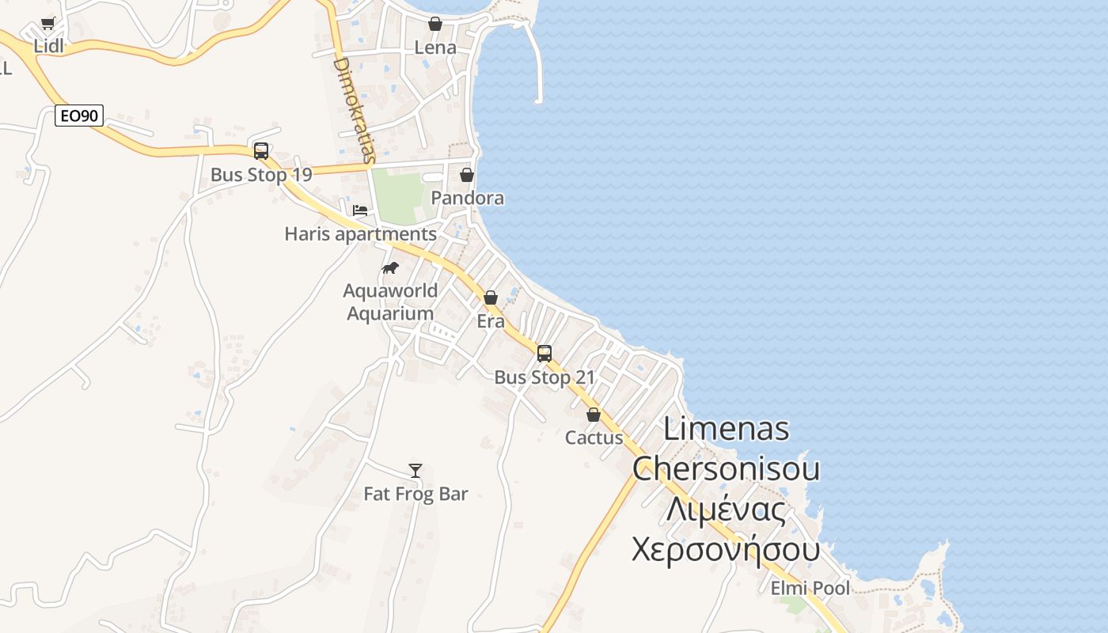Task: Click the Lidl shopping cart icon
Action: click(x=48, y=23)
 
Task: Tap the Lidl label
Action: click(x=48, y=47)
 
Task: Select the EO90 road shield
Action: click(x=79, y=116)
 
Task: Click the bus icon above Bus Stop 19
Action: click(x=261, y=151)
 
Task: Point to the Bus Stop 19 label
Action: click(x=261, y=175)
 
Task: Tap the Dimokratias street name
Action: click(x=353, y=109)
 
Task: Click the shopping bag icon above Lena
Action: click(x=435, y=24)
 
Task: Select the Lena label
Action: click(x=435, y=47)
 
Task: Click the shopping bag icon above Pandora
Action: click(x=467, y=175)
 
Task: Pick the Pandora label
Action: click(x=467, y=198)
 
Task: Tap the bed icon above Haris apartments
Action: click(x=360, y=210)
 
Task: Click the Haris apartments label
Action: click(x=360, y=234)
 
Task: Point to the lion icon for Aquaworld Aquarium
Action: click(x=390, y=268)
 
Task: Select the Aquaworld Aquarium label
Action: click(x=390, y=302)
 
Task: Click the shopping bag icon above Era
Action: click(x=491, y=298)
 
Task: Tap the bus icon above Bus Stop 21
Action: click(x=545, y=354)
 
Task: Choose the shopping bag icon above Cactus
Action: click(x=594, y=415)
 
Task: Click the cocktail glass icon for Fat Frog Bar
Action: click(x=415, y=471)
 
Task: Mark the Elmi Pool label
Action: click(x=810, y=589)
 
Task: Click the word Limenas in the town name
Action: click(x=726, y=429)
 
